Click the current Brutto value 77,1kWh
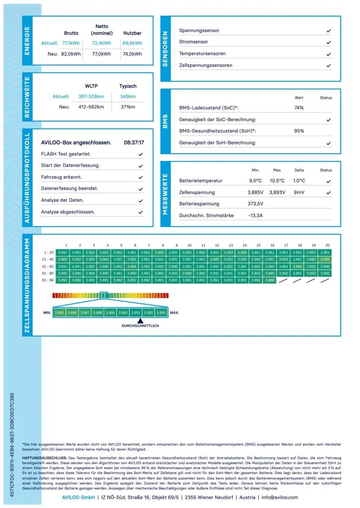[x=71, y=43]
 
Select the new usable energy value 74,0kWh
[x=133, y=54]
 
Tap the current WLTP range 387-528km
[x=91, y=97]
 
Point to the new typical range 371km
[x=128, y=107]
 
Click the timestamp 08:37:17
[x=134, y=143]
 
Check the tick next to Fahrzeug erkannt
[x=141, y=177]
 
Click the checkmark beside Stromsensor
[x=329, y=42]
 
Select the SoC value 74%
[x=299, y=108]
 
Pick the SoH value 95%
[x=299, y=131]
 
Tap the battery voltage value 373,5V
[x=255, y=204]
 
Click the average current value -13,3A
[x=255, y=215]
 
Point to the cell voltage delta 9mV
[x=299, y=193]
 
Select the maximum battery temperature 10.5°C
[x=277, y=181]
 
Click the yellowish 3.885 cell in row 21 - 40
[x=325, y=259]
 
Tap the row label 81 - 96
[x=47, y=280]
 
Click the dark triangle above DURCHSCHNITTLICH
[x=140, y=321]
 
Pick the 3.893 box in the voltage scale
[x=161, y=312]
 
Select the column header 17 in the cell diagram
[x=286, y=245]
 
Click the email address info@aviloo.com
[x=280, y=497]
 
